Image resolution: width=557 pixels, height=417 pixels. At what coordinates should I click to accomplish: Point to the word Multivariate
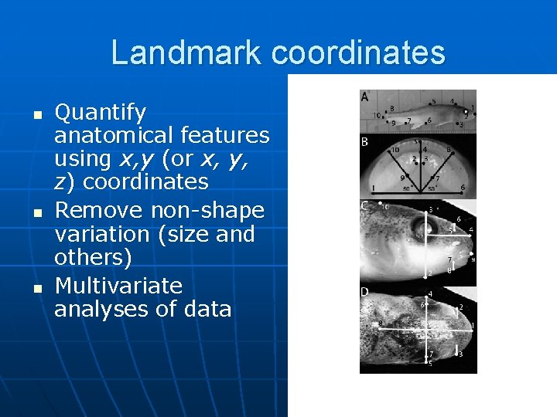point(118,286)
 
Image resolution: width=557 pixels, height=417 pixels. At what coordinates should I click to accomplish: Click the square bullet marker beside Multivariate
point(36,287)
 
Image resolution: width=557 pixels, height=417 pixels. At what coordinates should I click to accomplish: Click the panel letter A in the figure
point(364,97)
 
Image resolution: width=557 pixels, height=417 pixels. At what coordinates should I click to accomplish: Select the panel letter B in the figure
point(364,142)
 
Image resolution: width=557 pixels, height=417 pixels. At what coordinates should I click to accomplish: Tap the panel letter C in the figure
point(364,206)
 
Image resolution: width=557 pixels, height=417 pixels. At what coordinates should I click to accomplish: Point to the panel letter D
point(364,292)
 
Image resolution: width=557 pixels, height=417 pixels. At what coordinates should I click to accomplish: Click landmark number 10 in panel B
point(395,150)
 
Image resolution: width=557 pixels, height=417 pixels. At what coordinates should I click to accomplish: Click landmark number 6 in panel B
point(463,188)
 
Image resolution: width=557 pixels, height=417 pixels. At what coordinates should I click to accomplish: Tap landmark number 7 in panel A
point(408,121)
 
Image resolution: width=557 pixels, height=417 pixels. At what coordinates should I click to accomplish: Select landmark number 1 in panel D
point(471,327)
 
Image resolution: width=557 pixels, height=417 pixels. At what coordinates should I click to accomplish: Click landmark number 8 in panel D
point(379,324)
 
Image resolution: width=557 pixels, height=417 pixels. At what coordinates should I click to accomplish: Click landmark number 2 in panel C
point(429,274)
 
